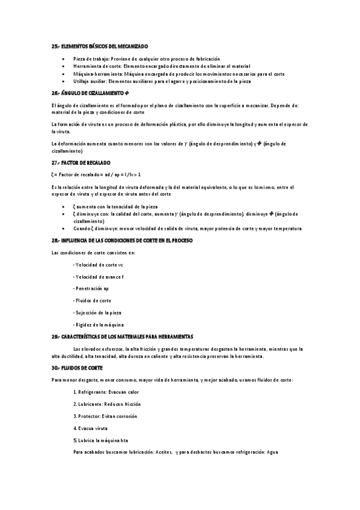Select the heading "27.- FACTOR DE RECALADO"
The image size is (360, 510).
click(x=81, y=163)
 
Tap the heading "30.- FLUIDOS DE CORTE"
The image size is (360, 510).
click(x=78, y=367)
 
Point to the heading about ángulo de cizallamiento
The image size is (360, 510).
click(x=90, y=94)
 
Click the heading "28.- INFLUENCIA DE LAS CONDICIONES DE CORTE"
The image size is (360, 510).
click(x=122, y=241)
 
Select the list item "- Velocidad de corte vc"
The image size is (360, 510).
click(x=98, y=265)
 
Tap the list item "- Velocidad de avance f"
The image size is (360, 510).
click(x=98, y=277)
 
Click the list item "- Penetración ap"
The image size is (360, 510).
click(x=91, y=289)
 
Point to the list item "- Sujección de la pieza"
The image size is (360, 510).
click(x=97, y=313)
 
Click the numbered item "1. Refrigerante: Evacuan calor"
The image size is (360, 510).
click(x=106, y=392)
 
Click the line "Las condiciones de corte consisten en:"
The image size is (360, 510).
click(x=93, y=253)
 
